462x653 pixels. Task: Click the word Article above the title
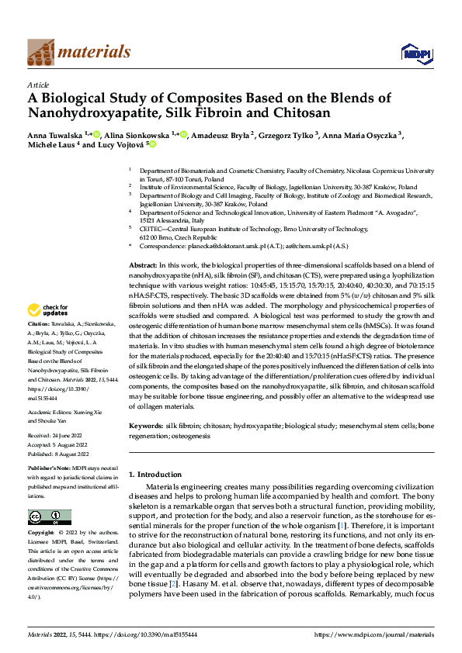38,84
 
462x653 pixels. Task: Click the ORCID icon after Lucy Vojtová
153,144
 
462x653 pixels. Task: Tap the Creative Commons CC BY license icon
49,517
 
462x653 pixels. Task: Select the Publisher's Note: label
50,470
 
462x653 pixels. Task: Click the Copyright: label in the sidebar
42,534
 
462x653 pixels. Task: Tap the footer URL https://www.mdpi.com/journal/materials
375,634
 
